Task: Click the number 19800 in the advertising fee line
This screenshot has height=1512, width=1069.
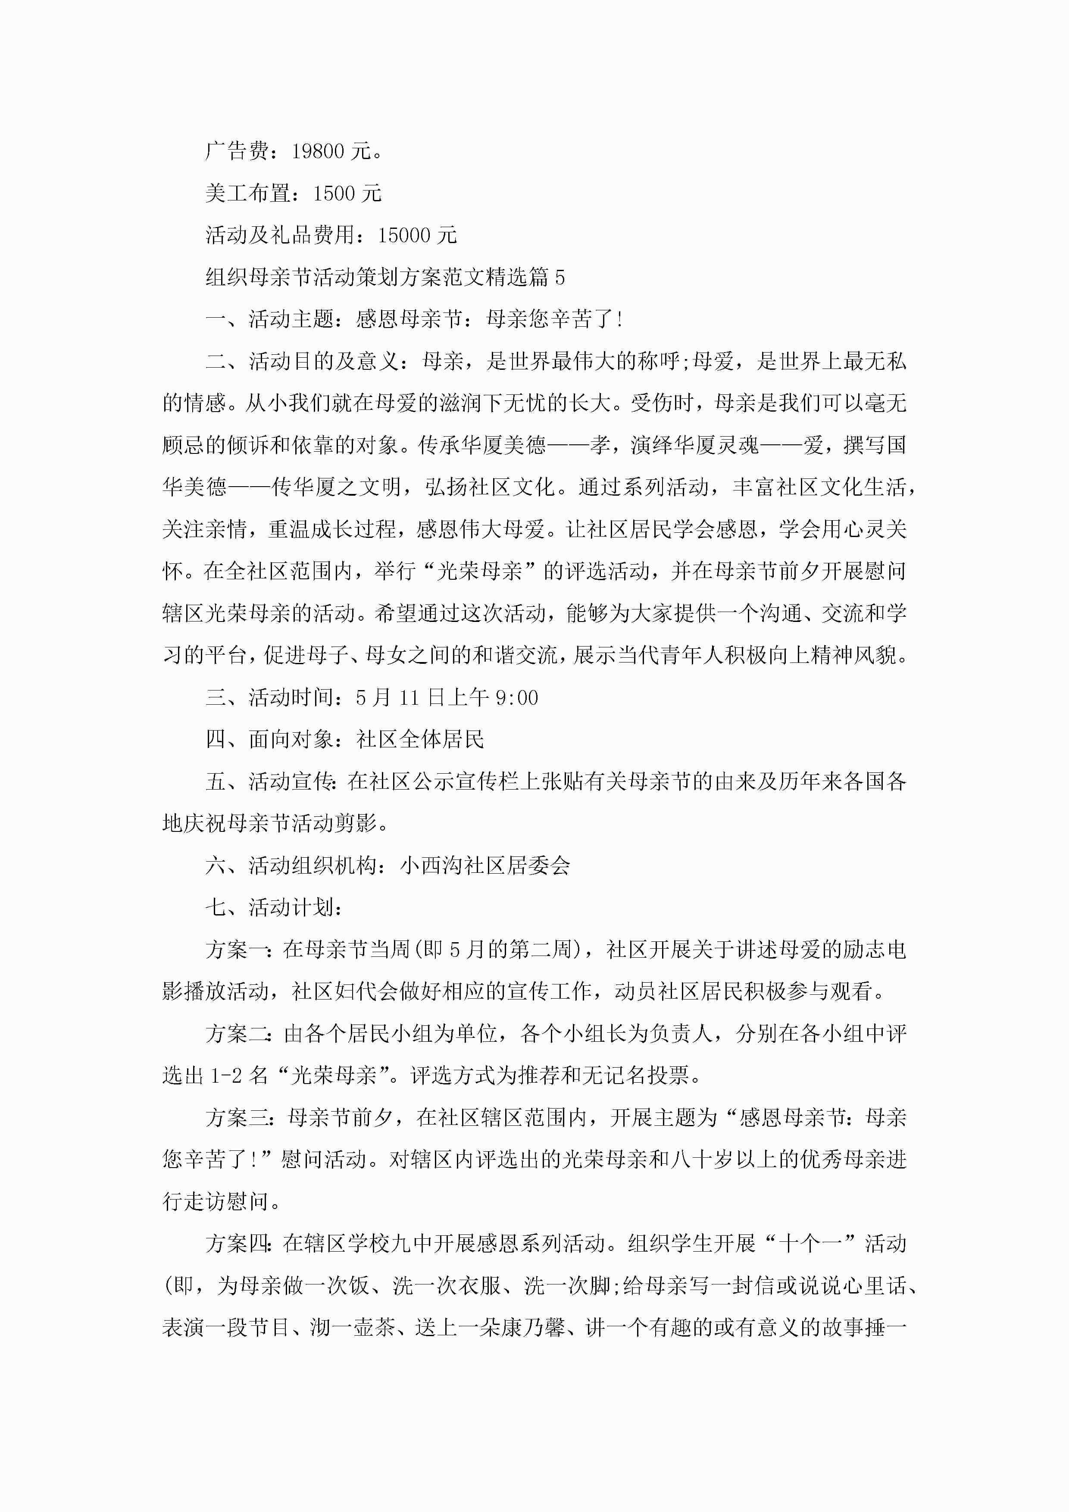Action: (318, 151)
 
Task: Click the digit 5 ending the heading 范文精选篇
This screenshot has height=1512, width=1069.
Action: (559, 277)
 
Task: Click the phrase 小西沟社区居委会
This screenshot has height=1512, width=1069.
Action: (485, 865)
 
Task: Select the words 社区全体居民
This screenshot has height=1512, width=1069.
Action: (420, 740)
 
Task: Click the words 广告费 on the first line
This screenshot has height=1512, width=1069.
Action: (237, 151)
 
